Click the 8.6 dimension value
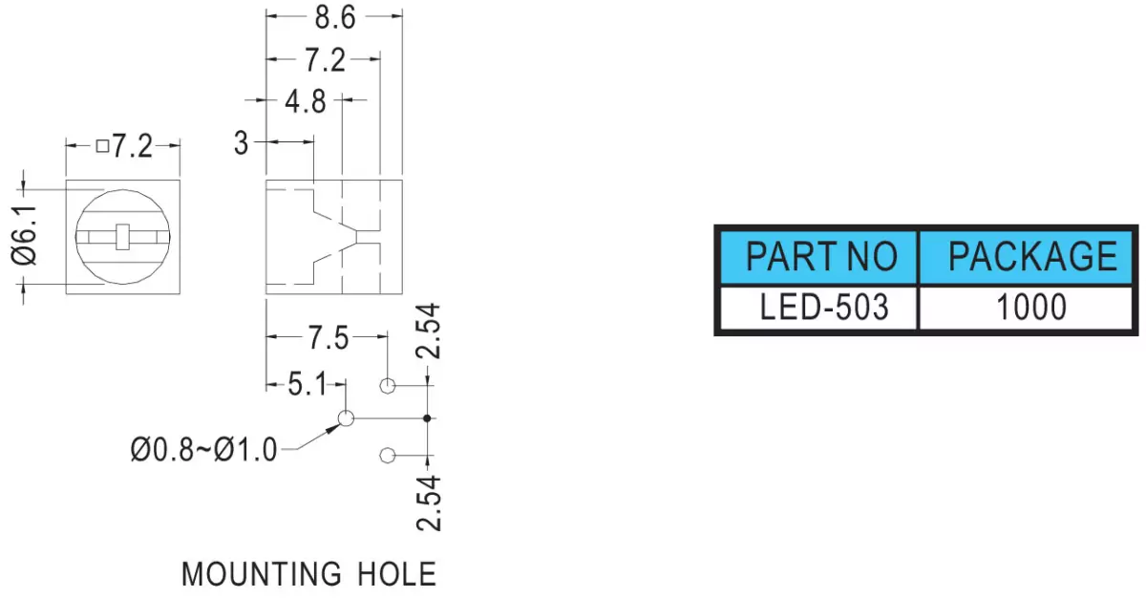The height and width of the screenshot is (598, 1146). coord(335,18)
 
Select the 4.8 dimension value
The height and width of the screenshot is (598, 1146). coord(306,101)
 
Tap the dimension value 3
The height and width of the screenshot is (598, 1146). coord(241,142)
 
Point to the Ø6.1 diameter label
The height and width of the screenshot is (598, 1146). coord(24,236)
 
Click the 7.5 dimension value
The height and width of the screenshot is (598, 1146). coord(329,338)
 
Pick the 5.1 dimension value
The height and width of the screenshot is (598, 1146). coord(307,384)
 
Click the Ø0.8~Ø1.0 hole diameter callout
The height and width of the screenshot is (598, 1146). coord(203,450)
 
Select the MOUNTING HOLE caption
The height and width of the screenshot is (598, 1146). coord(309,574)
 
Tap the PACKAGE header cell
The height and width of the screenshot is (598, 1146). coord(1026,257)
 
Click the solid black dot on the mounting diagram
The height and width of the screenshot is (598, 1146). coord(427,418)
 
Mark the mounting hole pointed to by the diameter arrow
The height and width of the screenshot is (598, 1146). coord(346,418)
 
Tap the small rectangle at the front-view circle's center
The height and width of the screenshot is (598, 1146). coord(122,237)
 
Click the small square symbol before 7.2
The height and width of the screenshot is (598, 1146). coord(103,146)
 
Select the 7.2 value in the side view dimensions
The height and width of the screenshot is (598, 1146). coord(326,60)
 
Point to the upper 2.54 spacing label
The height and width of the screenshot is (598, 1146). coord(428,331)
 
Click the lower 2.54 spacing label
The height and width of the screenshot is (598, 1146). coord(428,503)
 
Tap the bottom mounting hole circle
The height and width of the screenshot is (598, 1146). coord(388,456)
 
